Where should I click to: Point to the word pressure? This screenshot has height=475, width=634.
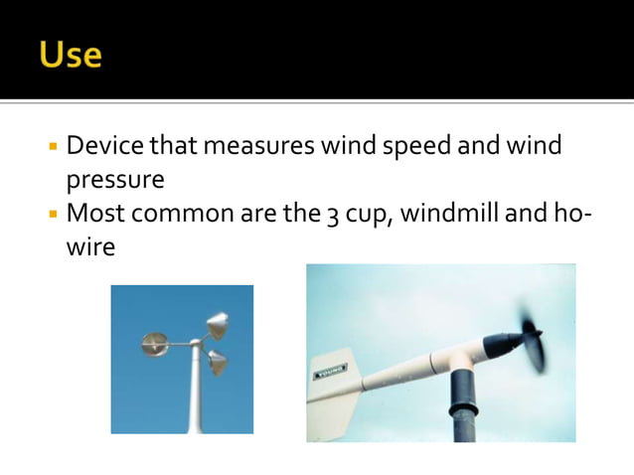pos(114,182)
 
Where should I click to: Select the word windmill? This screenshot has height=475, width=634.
pos(457,213)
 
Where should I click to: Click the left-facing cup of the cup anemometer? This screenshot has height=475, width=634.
pos(155,344)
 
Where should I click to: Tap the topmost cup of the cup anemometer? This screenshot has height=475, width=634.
pos(217,325)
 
